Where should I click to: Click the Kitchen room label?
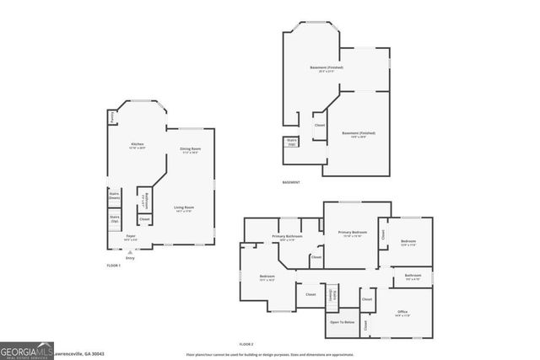pyautogui.click(x=137, y=145)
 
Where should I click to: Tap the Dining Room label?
pyautogui.click(x=190, y=150)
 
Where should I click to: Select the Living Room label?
pyautogui.click(x=185, y=208)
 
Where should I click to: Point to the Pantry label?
pyautogui.click(x=112, y=118)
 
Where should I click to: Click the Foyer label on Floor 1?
pyautogui.click(x=131, y=237)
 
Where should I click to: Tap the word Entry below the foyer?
pyautogui.click(x=130, y=258)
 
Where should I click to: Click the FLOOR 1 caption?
pyautogui.click(x=114, y=266)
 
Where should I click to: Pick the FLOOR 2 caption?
pyautogui.click(x=246, y=344)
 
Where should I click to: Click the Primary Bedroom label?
pyautogui.click(x=353, y=233)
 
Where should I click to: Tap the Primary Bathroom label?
pyautogui.click(x=287, y=238)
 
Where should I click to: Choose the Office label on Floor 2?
pyautogui.click(x=402, y=313)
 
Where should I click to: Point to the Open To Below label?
pyautogui.click(x=342, y=322)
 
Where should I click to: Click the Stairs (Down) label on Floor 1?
pyautogui.click(x=115, y=195)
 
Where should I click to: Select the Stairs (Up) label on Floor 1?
pyautogui.click(x=115, y=220)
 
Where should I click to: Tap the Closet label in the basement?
pyautogui.click(x=320, y=126)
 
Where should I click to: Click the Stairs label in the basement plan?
pyautogui.click(x=292, y=142)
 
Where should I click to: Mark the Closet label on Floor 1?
pyautogui.click(x=145, y=219)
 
